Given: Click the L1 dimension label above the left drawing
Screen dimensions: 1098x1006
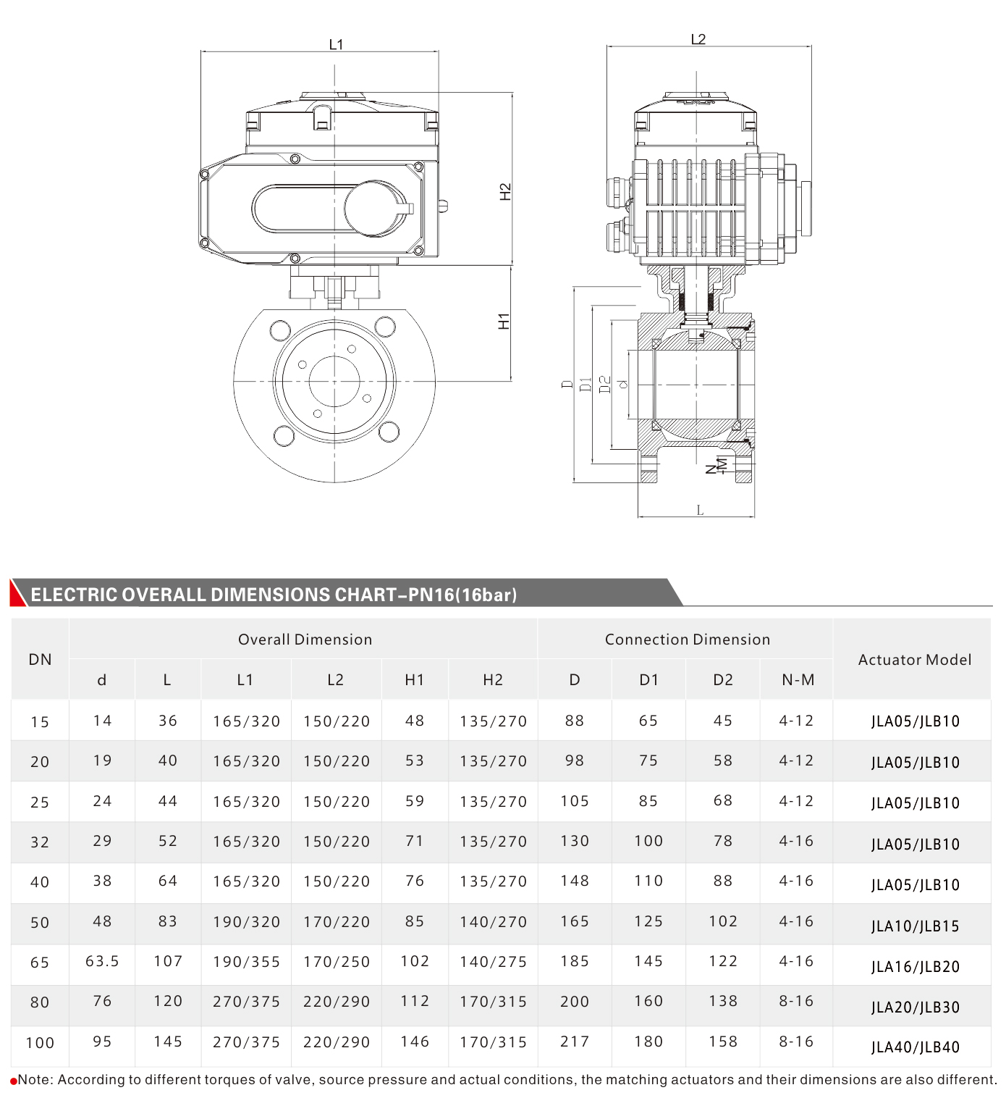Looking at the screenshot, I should (336, 44).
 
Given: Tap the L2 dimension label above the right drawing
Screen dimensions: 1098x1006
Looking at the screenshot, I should (698, 39).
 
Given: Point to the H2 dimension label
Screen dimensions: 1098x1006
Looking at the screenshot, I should (505, 192).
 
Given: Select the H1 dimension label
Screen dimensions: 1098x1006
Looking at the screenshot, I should (504, 321).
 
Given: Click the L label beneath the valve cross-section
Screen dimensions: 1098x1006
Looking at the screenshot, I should (700, 510).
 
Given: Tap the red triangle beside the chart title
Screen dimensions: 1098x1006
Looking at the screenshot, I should (17, 593).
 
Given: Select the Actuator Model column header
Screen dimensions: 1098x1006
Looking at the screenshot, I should (914, 660).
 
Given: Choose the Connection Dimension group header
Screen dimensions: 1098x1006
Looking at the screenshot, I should (687, 640).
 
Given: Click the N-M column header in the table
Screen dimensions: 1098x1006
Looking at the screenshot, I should (798, 680).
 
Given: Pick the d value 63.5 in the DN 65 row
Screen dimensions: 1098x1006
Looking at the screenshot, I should (102, 961).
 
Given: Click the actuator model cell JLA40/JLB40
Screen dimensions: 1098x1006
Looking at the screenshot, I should (915, 1047).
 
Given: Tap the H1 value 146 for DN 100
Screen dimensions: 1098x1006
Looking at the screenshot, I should (415, 1042).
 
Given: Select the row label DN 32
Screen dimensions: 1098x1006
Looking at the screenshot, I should (40, 842).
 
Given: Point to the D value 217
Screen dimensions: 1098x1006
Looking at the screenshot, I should (575, 1042).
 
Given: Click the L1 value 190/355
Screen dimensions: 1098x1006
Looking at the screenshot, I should (246, 962).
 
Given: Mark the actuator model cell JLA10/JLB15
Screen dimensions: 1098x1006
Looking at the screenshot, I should (915, 926).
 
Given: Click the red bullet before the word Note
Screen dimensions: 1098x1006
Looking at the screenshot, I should (13, 1081).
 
